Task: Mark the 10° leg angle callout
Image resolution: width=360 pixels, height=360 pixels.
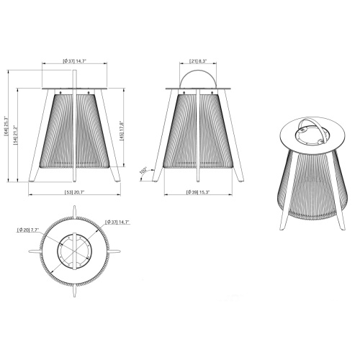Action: [x=143, y=170]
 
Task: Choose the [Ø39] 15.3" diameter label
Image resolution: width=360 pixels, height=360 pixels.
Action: [x=198, y=193]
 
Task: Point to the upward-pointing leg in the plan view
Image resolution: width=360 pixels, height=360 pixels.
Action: [x=75, y=210]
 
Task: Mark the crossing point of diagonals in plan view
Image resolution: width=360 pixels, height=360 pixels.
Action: [x=75, y=253]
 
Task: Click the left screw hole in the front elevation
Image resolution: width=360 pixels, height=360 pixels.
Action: [x=61, y=93]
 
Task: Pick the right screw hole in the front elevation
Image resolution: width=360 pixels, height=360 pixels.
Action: [x=89, y=93]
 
